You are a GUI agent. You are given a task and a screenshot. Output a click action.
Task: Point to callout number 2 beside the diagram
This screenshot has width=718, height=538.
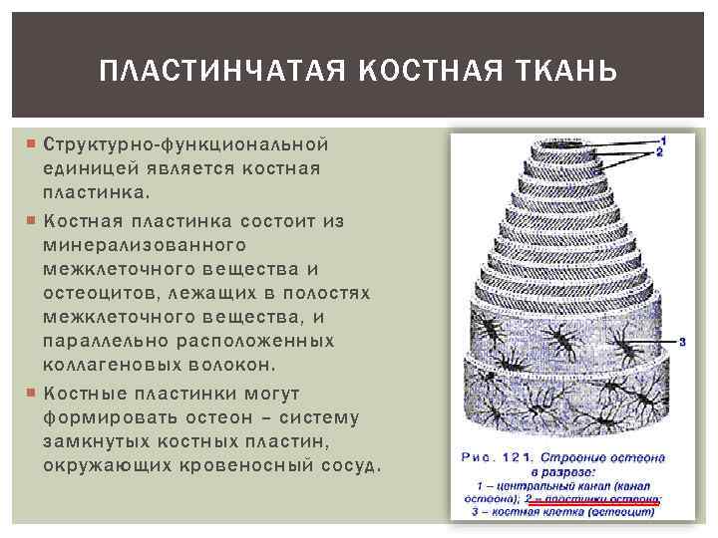661,153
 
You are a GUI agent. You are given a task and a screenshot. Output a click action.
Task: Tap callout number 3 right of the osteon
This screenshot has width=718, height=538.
682,342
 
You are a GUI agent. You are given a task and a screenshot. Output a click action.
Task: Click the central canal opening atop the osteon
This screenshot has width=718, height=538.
558,146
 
